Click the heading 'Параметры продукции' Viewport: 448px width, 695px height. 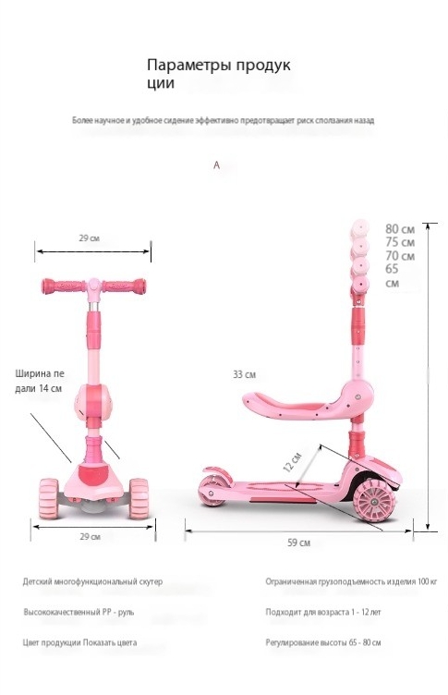(219, 74)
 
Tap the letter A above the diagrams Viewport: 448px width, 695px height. (216, 165)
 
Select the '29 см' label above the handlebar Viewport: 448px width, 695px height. (89, 238)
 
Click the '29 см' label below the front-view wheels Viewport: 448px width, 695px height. (90, 536)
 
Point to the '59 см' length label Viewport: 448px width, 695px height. (298, 543)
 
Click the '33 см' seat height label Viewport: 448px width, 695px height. (244, 374)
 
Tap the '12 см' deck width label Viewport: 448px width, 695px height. (292, 462)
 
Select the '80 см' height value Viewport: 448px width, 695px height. (400, 228)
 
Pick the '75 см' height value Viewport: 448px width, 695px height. (400, 242)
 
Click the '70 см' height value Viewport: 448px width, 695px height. (400, 256)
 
